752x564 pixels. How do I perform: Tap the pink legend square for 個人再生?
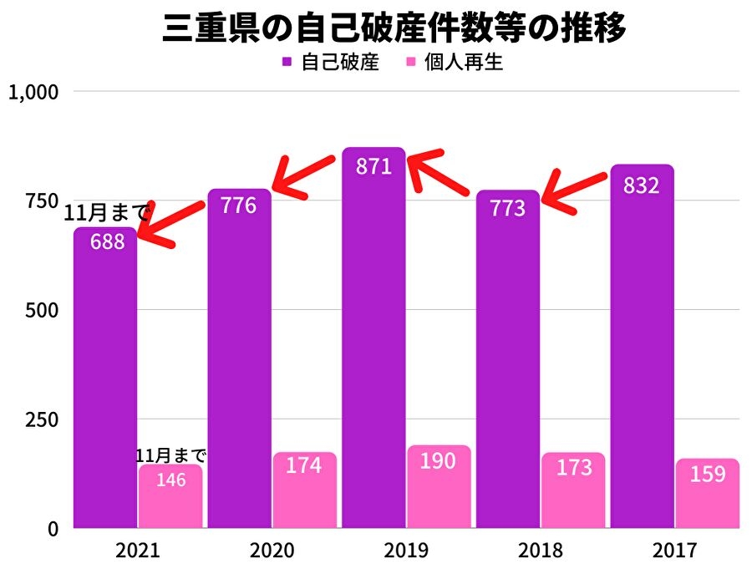[x=410, y=63]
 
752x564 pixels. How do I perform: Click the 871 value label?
[x=373, y=166]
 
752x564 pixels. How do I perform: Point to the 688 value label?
[x=105, y=242]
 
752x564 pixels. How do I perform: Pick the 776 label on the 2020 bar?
[x=239, y=205]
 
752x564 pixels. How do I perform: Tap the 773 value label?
[x=508, y=208]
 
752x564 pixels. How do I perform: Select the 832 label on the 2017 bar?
[x=642, y=185]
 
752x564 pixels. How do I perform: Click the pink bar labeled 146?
[x=171, y=497]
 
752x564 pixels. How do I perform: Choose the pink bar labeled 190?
[x=440, y=489]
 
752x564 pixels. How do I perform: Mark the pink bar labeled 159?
[x=708, y=495]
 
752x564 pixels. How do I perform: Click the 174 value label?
[x=304, y=465]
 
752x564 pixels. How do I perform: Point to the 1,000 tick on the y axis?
[x=33, y=92]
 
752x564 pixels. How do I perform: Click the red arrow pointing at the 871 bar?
[x=439, y=171]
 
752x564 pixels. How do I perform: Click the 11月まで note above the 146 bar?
[x=171, y=456]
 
